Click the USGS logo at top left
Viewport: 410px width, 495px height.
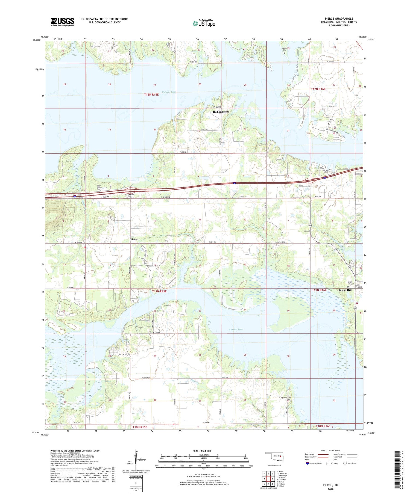(62, 22)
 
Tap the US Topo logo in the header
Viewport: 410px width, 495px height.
(204, 23)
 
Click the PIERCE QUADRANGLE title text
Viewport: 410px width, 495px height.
(339, 19)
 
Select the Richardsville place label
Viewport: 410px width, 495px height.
(221, 112)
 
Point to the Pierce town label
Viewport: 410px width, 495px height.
(134, 239)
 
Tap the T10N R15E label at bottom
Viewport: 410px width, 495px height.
(140, 427)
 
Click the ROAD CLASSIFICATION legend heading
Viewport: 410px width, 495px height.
(331, 450)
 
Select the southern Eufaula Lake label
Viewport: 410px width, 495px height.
(236, 330)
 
